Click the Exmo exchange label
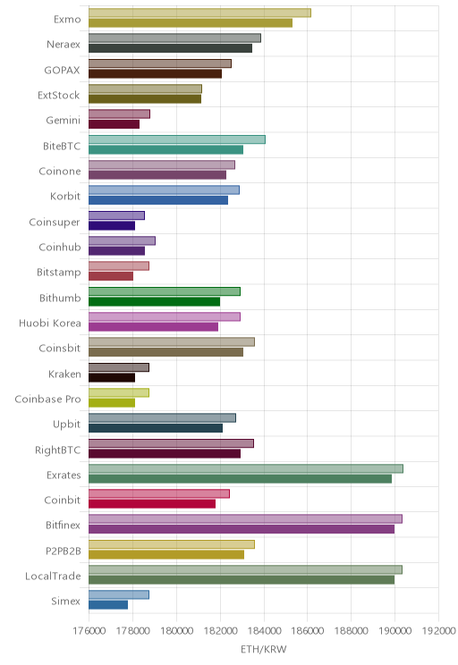pos(67,19)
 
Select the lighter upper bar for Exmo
pos(199,13)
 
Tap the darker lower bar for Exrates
pos(240,479)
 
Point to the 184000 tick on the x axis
pos(264,631)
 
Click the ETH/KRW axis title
pos(264,649)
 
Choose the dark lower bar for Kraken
pos(112,378)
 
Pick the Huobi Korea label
pos(50,324)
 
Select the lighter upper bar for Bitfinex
pos(245,518)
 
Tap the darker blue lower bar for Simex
pos(108,605)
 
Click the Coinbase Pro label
pos(47,399)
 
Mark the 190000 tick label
pos(394,631)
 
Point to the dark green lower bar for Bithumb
pos(154,302)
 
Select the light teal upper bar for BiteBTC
pos(177,139)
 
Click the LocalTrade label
pos(53,576)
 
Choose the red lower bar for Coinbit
pos(152,504)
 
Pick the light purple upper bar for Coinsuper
pos(116,215)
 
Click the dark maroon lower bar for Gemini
pos(114,124)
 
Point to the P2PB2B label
pos(64,551)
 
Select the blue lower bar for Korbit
pos(158,200)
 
